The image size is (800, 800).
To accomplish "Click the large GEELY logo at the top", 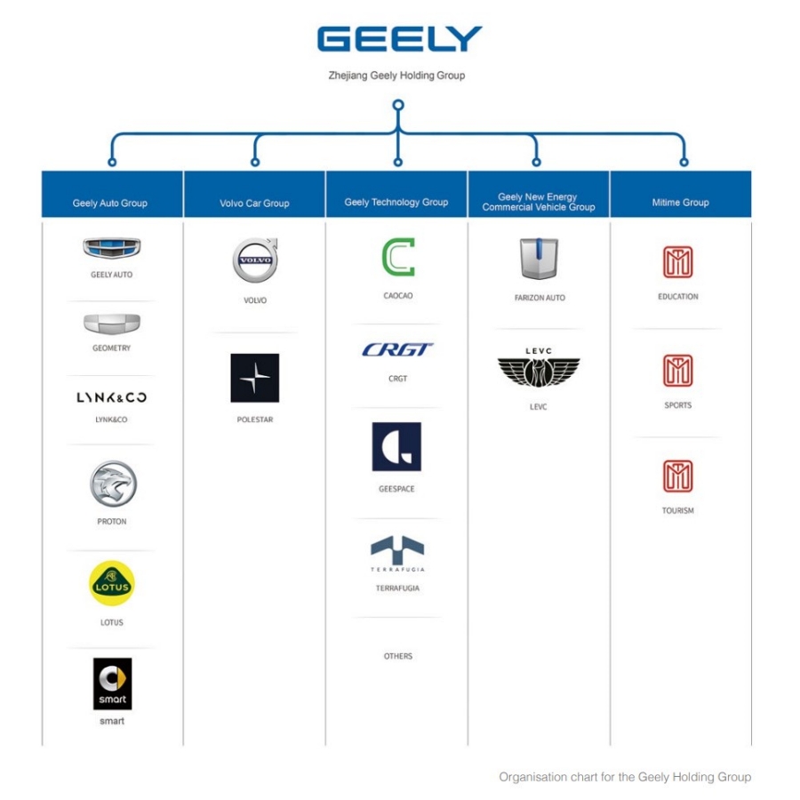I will click(399, 39).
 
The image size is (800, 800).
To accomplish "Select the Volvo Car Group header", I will click(254, 203).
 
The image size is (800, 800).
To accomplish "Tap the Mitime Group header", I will click(680, 203).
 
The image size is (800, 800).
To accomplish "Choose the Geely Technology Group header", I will click(396, 202).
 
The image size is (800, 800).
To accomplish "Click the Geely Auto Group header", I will click(110, 203).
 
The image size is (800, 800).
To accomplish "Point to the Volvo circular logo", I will click(255, 260).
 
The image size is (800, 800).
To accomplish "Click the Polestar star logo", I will click(254, 378).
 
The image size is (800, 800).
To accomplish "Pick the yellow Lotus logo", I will click(112, 584).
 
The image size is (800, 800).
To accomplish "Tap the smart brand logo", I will click(112, 684).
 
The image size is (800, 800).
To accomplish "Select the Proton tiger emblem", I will click(112, 484).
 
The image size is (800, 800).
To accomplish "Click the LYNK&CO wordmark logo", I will click(112, 397).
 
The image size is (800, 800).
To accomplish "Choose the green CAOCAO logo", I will click(398, 258).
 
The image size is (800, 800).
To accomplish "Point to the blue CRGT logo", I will click(398, 350).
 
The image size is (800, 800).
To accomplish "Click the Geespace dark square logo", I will click(396, 446).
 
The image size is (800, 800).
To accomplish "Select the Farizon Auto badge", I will click(539, 259).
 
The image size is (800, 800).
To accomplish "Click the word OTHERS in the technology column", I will click(398, 656).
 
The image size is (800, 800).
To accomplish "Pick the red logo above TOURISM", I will click(677, 476).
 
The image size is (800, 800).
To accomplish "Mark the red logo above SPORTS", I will click(677, 371).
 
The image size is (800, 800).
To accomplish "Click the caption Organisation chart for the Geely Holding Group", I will click(625, 777).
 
